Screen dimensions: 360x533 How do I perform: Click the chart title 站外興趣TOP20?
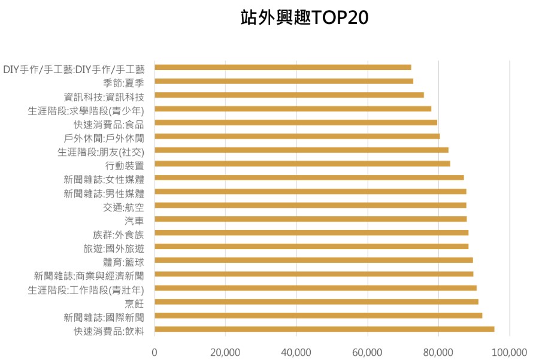tap(304, 18)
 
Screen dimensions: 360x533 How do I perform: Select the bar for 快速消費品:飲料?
tap(324, 329)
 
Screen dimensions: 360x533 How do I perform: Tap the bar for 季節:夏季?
tap(283, 81)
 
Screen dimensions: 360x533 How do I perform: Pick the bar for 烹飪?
tap(316, 301)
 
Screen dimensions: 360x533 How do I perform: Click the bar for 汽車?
tap(310, 219)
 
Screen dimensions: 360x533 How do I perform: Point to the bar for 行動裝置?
tap(302, 164)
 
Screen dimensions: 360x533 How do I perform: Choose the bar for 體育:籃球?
tap(313, 260)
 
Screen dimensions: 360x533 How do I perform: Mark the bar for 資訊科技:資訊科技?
tap(289, 95)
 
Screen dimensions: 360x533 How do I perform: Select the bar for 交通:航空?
tap(310, 205)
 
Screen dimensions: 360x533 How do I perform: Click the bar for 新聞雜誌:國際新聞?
tap(318, 315)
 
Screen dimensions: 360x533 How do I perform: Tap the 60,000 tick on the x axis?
tap(367, 352)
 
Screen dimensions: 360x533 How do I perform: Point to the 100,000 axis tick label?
tap(509, 352)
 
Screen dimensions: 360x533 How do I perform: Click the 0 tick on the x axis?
tap(155, 352)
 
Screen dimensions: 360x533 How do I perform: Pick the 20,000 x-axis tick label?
tap(225, 352)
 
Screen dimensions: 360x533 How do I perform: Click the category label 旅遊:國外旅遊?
tap(114, 247)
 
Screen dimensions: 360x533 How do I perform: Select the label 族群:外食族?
tap(118, 233)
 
